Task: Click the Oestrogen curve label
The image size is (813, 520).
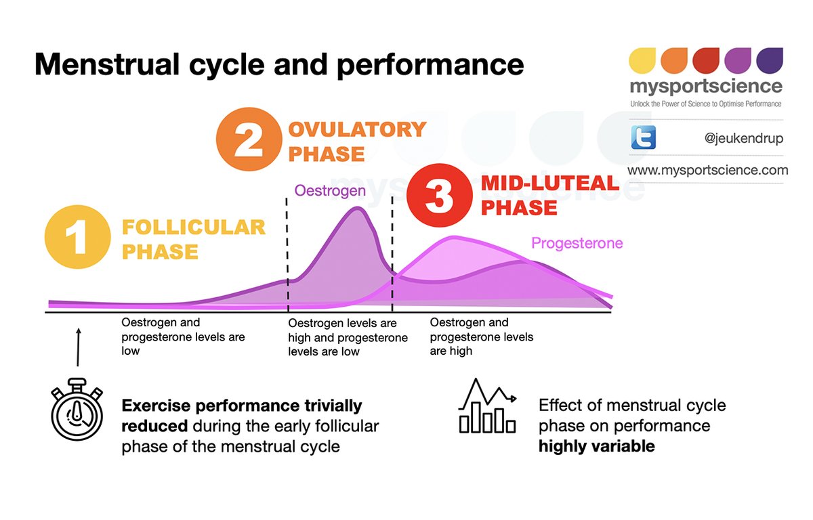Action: pos(330,191)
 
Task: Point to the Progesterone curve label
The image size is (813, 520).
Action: pos(577,243)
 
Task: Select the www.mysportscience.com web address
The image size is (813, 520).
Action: pos(707,170)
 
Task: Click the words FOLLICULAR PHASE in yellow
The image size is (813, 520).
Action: pos(193,239)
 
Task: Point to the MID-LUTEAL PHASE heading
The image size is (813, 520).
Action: pos(549,195)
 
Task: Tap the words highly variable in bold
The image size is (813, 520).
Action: pos(597,446)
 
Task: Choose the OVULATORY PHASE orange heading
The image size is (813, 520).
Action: pos(356,141)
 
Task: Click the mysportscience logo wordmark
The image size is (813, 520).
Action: pos(705,87)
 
